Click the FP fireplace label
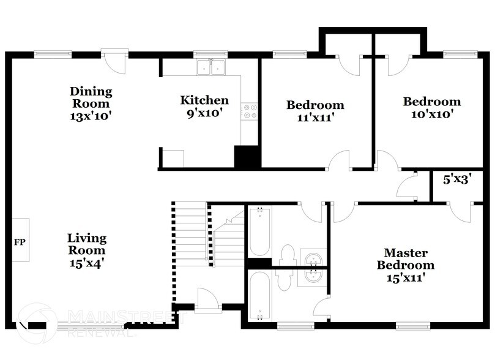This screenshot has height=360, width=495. click(x=19, y=241)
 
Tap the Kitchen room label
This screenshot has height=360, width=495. click(x=204, y=100)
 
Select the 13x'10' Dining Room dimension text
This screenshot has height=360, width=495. click(x=91, y=114)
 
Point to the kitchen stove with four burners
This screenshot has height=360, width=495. click(x=250, y=111)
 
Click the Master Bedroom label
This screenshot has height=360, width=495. click(x=405, y=259)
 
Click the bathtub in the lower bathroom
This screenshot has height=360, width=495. click(x=259, y=296)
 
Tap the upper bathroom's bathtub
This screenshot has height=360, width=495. click(x=259, y=231)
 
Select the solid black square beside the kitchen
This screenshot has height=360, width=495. click(x=248, y=157)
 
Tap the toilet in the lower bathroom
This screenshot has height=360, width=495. click(x=283, y=279)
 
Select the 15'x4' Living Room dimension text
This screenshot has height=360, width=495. click(x=87, y=263)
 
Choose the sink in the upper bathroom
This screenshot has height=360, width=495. click(x=314, y=258)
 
